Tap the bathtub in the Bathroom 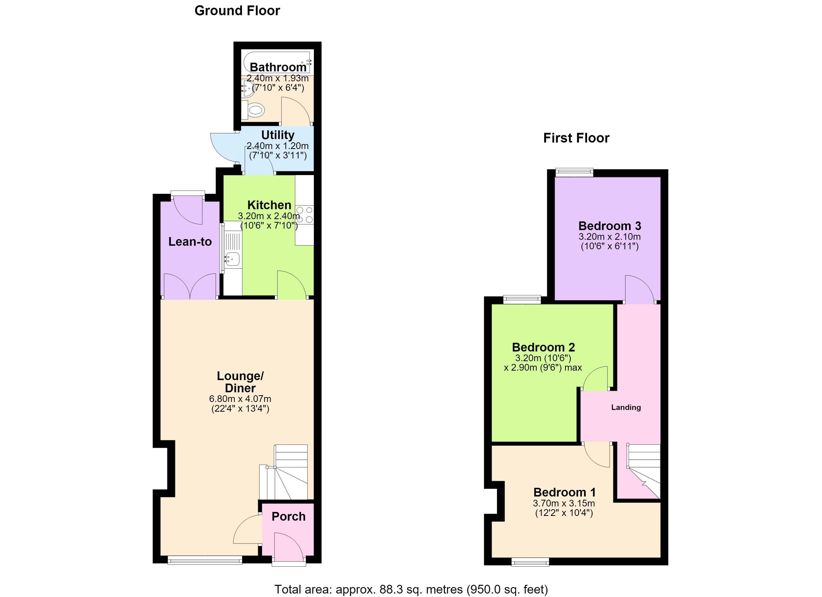[x=277, y=62]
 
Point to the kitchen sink [x=232, y=259]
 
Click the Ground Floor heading [x=237, y=11]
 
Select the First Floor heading [x=576, y=138]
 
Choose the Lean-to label [x=190, y=242]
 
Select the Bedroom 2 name [x=543, y=347]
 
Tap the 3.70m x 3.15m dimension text [x=564, y=503]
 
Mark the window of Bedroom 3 [x=574, y=173]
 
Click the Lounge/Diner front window [x=205, y=560]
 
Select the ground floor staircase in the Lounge [x=283, y=472]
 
